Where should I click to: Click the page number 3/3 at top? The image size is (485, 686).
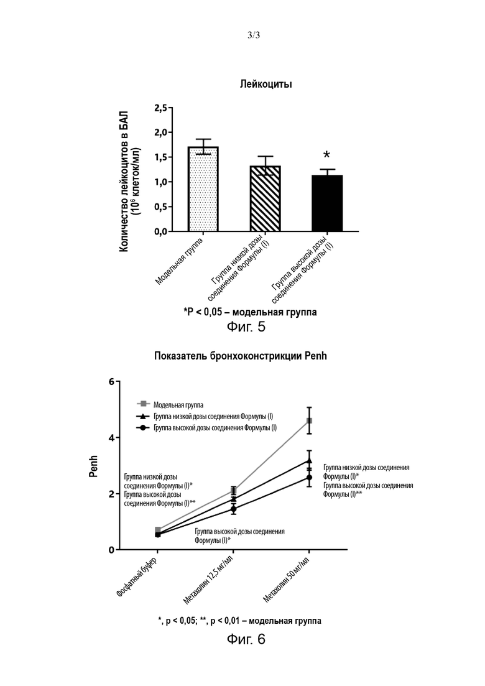pos(254,35)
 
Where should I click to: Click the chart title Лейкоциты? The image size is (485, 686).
pos(266,84)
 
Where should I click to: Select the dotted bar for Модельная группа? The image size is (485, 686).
pos(203,189)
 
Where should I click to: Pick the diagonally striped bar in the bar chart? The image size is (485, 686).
pos(265,198)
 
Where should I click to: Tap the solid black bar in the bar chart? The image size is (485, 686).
pos(326,203)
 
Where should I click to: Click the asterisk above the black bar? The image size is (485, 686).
pos(326,155)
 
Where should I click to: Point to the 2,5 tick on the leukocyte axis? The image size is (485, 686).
pos(161,108)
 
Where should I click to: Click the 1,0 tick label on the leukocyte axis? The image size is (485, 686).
pos(161,182)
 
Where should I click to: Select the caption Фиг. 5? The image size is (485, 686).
pos(246,327)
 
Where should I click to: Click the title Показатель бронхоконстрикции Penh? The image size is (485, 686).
pos(241,356)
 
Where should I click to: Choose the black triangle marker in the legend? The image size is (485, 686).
pos(142,415)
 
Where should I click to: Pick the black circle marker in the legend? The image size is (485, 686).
pos(142,427)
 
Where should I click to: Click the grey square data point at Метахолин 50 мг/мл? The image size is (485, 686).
pos(309,421)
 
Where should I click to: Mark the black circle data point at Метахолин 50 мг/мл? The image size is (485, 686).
pos(309,477)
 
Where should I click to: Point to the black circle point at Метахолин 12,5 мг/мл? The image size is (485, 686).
pos(234,509)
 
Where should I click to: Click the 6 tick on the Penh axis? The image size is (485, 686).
pos(111,382)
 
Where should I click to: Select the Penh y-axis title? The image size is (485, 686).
pos(94,466)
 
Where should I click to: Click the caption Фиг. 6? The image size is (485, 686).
pos(246,639)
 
